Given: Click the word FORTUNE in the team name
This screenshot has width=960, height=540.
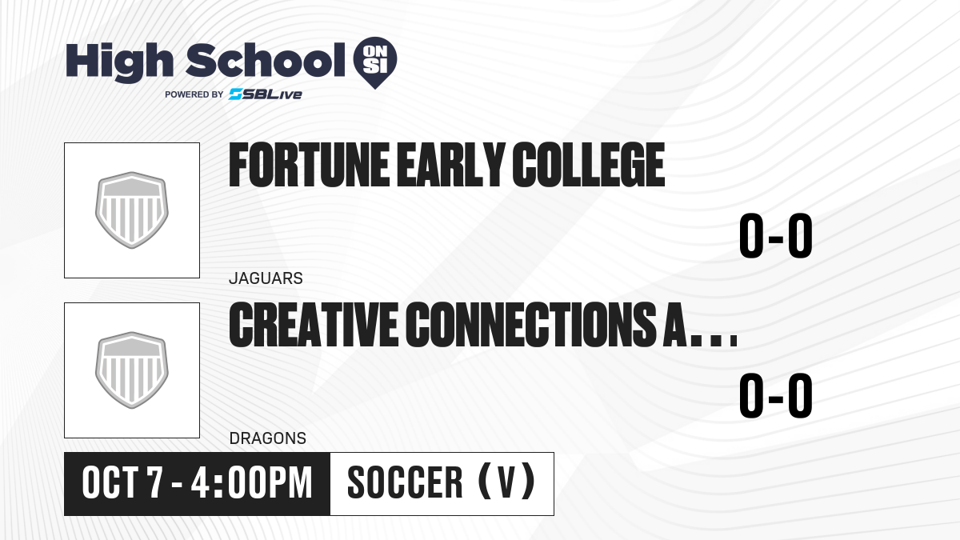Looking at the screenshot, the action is (x=309, y=165).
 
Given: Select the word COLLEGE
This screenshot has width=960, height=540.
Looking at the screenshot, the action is (x=589, y=165).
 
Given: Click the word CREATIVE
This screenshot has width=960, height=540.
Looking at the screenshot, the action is (x=313, y=325).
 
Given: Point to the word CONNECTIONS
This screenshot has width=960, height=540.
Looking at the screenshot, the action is (x=530, y=325).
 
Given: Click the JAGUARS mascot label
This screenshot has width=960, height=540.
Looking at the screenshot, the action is (x=266, y=278).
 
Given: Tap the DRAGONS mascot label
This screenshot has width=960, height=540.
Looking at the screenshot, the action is (x=268, y=438).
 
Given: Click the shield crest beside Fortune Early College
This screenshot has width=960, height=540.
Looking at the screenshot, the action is (x=131, y=210).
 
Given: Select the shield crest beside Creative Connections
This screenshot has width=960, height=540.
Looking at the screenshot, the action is (x=131, y=370).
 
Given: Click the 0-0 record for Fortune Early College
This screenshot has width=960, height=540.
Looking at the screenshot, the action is (x=776, y=236).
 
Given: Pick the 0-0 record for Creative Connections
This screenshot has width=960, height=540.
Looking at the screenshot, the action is (x=776, y=395).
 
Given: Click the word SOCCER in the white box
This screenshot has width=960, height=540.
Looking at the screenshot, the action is (x=405, y=483).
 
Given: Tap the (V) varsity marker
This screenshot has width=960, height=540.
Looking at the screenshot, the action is (x=506, y=483).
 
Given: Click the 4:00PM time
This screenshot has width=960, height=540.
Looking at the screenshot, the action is (x=251, y=483).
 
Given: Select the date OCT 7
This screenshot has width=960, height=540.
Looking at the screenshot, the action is (x=122, y=483).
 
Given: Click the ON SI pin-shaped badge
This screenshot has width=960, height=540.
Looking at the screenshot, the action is (x=375, y=62).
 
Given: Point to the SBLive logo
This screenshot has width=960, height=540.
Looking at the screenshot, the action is (x=266, y=94).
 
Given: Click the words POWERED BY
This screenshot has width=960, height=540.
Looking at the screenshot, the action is (x=194, y=94).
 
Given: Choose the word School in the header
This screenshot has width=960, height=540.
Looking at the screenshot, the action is (x=266, y=60).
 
